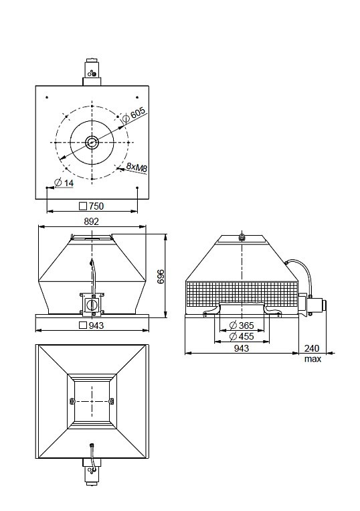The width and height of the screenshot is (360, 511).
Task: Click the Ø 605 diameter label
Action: tap(134, 115)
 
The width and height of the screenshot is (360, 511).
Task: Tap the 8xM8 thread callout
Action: tap(137, 167)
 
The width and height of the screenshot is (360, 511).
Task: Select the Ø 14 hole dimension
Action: tap(64, 183)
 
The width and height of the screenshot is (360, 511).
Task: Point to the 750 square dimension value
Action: tap(96, 206)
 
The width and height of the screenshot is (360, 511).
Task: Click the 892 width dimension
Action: tap(91, 222)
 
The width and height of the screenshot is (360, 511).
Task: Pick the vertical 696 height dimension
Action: tap(161, 277)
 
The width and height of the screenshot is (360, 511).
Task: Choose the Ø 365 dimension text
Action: tap(242, 325)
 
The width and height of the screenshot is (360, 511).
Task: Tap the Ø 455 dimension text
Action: tap(242, 336)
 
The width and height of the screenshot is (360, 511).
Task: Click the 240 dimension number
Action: tap(312, 348)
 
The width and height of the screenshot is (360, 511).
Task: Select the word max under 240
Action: tap(312, 359)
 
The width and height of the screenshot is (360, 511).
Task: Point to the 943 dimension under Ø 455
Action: tap(242, 348)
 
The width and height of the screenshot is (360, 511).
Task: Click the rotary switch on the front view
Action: tap(93, 305)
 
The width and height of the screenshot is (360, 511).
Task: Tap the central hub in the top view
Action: tap(92, 143)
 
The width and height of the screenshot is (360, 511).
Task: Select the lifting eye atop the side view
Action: tap(242, 236)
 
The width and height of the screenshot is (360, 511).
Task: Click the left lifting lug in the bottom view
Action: tap(72, 400)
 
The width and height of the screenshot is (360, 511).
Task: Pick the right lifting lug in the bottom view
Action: tap(112, 400)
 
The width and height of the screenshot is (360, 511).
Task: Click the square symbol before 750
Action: tap(84, 206)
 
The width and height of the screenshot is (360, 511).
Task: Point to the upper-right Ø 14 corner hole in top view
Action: tap(137, 97)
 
